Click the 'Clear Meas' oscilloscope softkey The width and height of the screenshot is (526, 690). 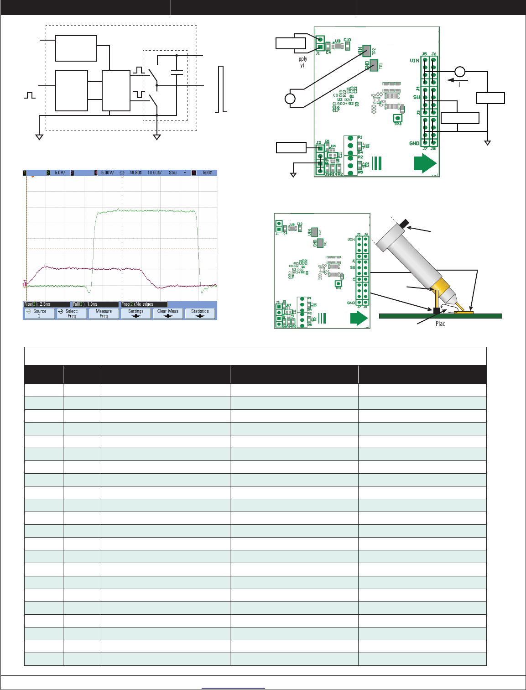coord(168,313)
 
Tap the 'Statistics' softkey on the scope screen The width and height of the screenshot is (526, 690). coord(200,313)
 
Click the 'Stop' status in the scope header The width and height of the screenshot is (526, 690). coord(173,173)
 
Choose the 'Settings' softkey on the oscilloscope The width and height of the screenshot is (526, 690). coord(136,313)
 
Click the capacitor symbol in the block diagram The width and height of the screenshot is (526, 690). coord(177,72)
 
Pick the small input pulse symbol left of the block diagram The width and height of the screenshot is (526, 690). coord(30,95)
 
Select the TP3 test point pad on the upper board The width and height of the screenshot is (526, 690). coord(397,118)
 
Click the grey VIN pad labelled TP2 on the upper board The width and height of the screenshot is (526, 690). coord(366,50)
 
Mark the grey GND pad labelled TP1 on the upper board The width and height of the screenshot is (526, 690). coord(374,64)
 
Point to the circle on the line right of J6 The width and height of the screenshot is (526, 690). coord(460,72)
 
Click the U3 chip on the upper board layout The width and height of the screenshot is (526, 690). coord(338,45)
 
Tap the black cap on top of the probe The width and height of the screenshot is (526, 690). coord(405,224)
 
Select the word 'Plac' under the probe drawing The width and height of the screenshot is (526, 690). coord(440,324)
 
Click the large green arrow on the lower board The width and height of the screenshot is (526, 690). coord(359,318)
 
